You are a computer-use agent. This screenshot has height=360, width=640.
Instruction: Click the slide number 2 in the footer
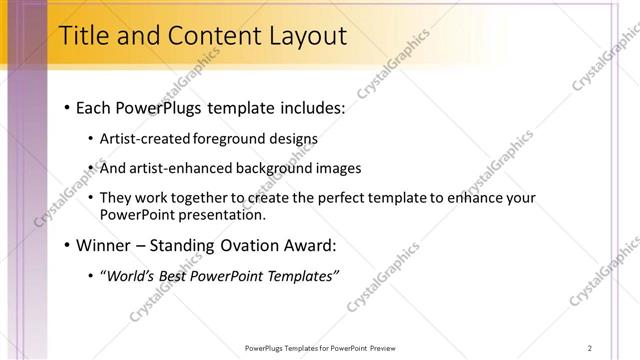coord(590,348)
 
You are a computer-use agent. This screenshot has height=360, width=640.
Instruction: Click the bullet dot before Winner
coord(66,246)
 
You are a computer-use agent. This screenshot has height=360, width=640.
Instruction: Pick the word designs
coord(293,139)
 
